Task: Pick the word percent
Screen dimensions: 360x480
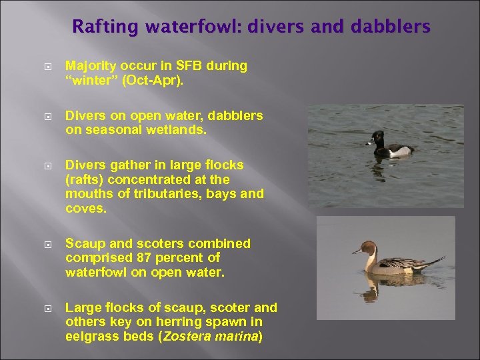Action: tap(175, 258)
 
